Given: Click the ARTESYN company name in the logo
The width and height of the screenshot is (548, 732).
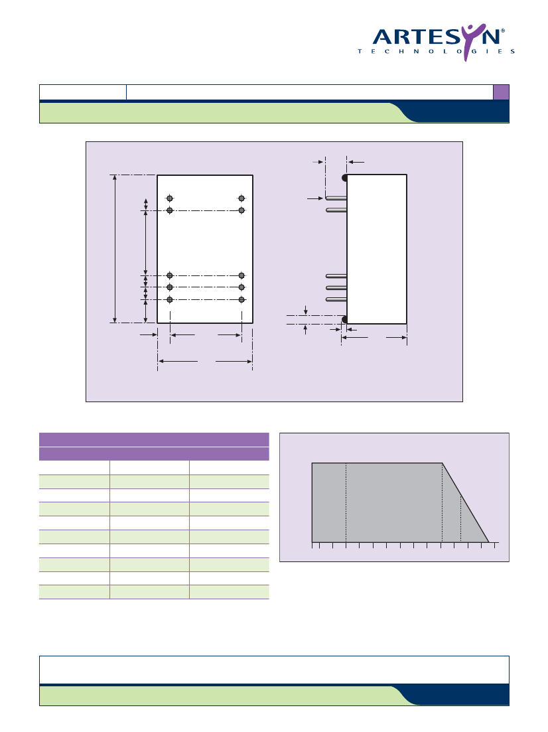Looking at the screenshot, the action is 437,37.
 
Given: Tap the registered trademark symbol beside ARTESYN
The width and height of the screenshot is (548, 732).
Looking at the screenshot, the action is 503,31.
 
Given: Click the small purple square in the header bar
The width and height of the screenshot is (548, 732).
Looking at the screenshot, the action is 501,92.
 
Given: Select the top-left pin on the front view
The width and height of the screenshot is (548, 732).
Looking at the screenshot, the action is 170,198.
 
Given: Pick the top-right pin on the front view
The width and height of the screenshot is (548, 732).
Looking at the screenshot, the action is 241,198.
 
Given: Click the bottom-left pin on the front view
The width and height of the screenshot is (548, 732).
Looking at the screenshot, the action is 170,300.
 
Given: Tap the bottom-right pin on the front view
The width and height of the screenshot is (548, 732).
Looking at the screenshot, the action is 241,300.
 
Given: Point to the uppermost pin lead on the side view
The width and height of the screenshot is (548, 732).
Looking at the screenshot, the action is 336,198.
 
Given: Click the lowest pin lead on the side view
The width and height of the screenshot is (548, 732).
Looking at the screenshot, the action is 336,300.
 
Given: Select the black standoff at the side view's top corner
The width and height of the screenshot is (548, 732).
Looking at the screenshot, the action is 344,178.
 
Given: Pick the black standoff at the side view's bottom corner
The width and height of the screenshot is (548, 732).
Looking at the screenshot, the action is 344,320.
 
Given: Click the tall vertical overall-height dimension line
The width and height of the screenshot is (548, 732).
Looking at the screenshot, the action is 115,249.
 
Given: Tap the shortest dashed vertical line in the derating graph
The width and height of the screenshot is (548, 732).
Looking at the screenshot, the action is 460,519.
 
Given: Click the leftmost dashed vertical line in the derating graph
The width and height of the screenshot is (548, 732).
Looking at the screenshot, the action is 346,503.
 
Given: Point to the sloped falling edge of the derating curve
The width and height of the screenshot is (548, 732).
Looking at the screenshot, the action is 465,503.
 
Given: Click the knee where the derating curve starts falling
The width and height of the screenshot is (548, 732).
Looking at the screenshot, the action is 442,463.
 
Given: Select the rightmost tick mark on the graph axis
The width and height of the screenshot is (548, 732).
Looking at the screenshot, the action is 495,546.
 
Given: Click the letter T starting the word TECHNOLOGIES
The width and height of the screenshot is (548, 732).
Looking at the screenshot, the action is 360,51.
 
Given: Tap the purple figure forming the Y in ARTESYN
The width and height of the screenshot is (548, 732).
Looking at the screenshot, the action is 468,42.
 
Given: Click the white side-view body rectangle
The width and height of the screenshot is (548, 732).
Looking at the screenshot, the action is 377,249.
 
